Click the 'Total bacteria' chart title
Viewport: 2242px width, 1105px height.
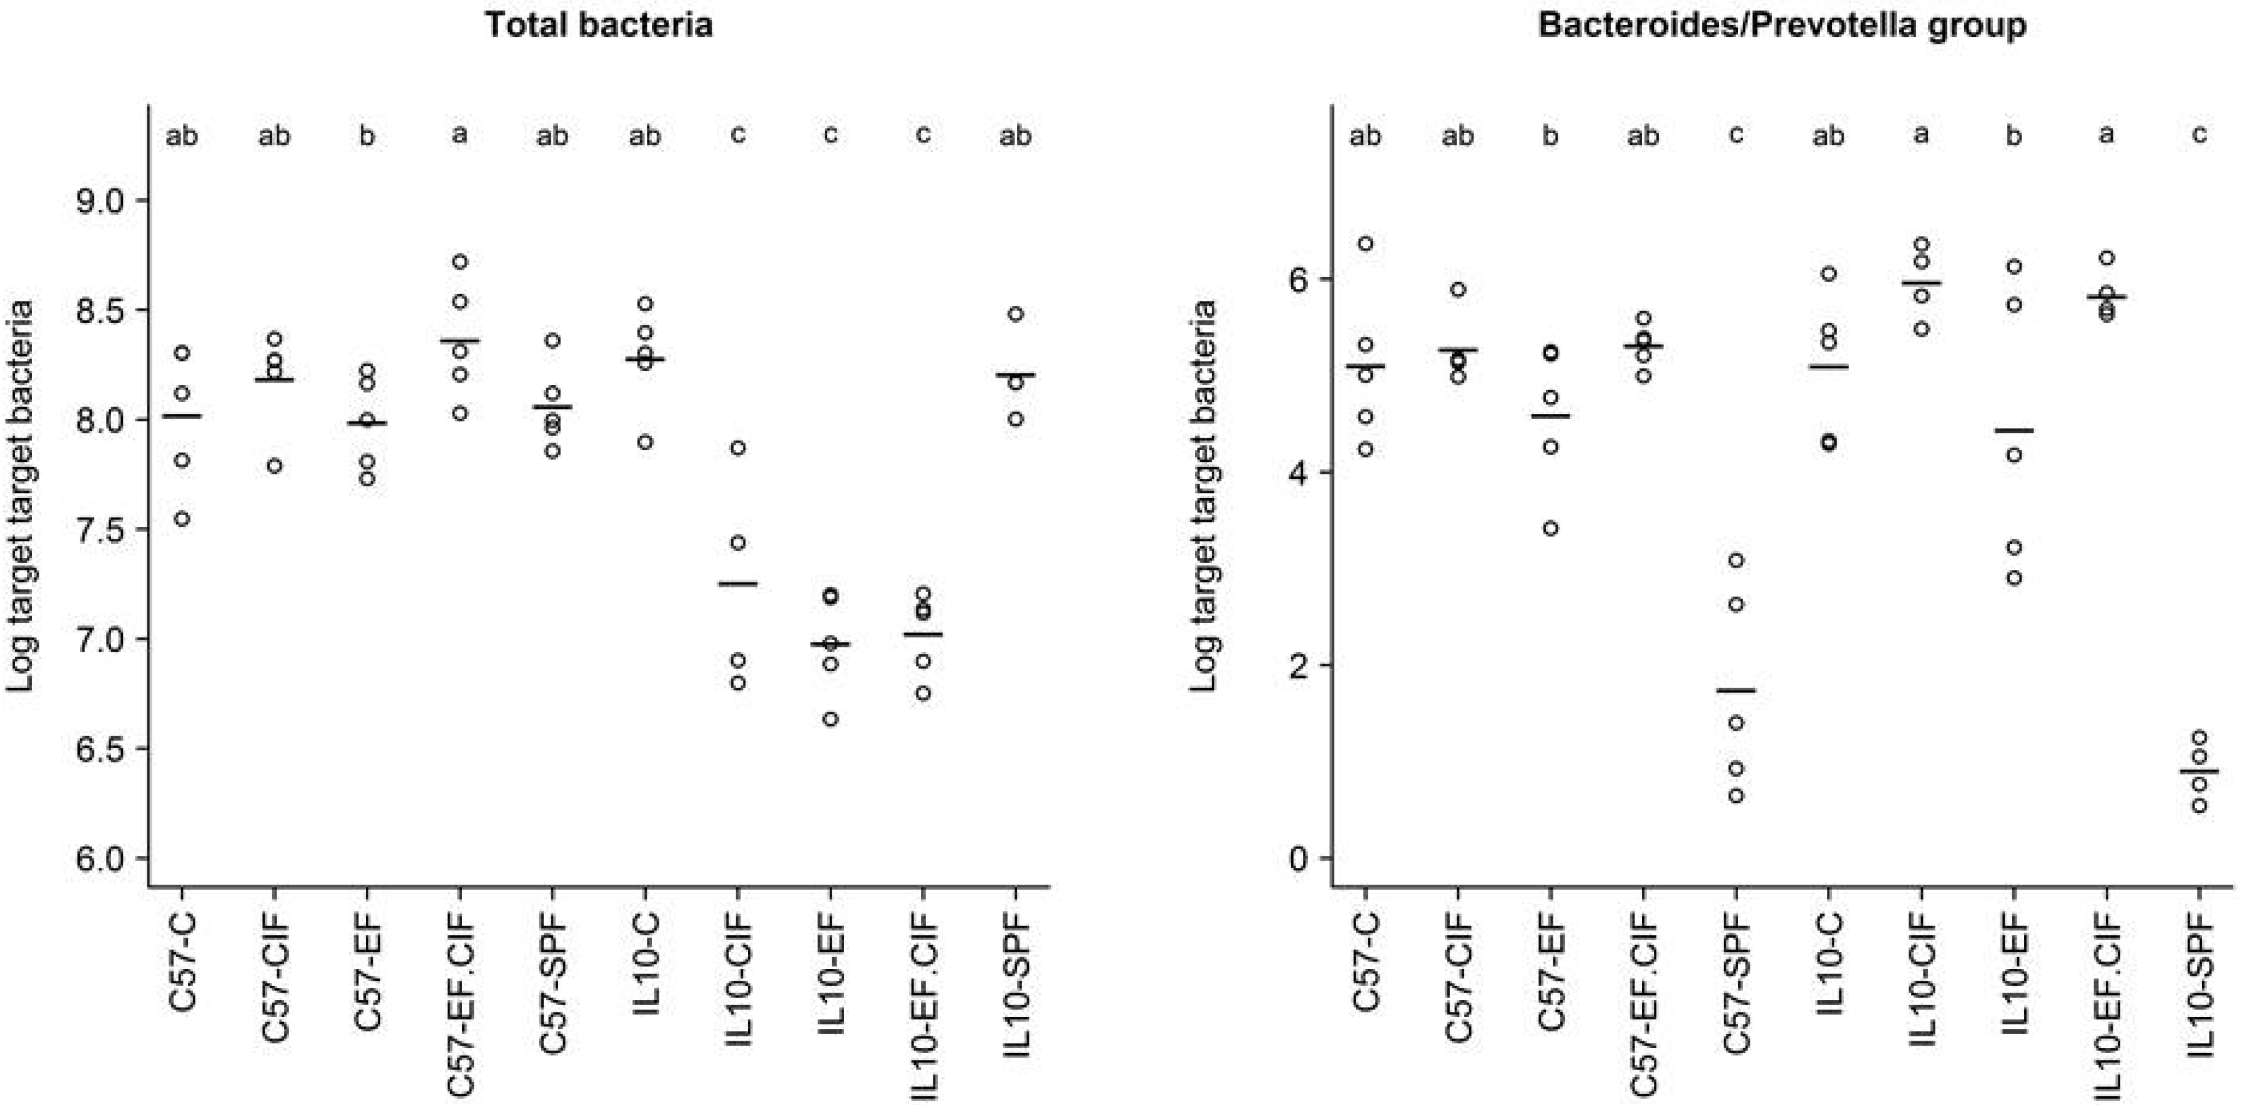coord(599,24)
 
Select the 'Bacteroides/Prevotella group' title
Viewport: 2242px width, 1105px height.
coord(1782,24)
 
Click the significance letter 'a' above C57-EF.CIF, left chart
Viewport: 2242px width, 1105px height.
coord(460,135)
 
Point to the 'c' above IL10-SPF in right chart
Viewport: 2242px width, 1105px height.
coord(2200,135)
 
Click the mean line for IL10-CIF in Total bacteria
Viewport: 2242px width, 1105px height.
coord(738,583)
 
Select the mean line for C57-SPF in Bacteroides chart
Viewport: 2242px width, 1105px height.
coord(1736,690)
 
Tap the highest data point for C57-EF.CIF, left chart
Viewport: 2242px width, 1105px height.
coord(460,261)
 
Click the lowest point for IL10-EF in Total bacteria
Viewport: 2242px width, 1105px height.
coord(830,719)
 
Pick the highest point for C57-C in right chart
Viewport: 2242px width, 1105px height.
coord(1365,243)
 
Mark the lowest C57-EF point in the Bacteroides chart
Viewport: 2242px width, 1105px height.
coord(1551,528)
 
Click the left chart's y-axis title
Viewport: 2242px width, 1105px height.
coord(21,496)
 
